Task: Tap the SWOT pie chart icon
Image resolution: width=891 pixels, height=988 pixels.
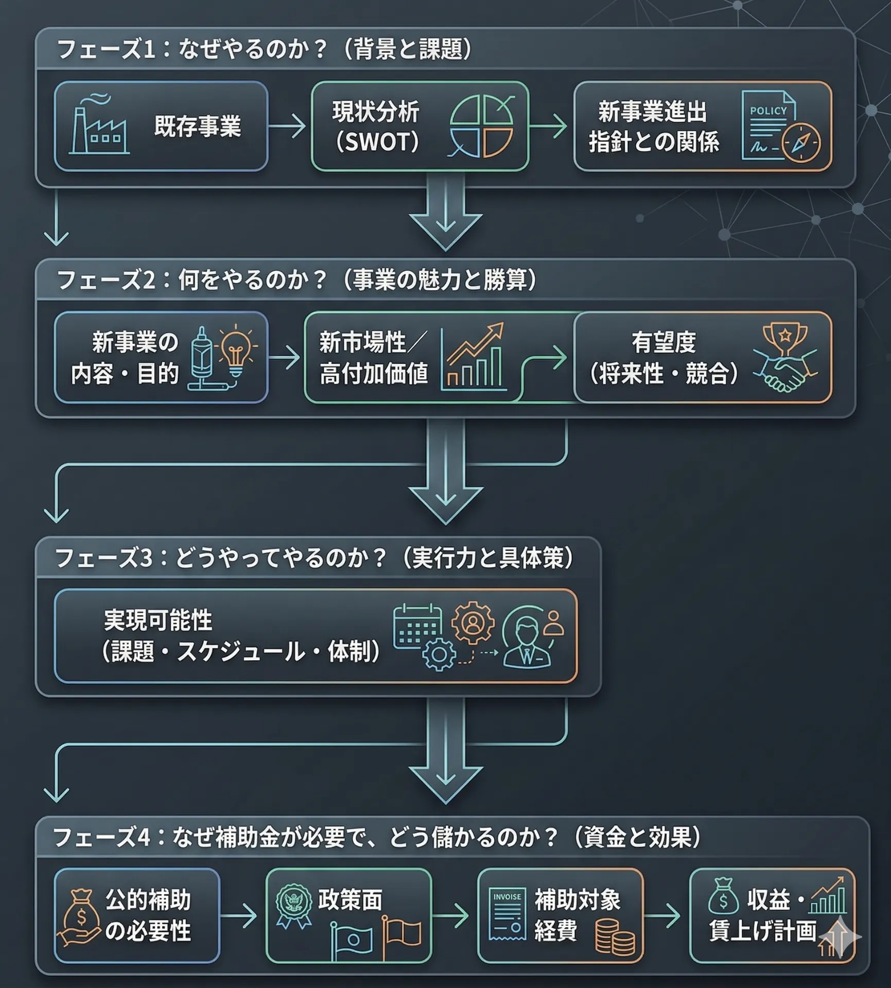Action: click(481, 127)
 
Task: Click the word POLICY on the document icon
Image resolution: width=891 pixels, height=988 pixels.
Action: click(768, 111)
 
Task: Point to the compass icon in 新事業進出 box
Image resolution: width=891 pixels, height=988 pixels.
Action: click(801, 143)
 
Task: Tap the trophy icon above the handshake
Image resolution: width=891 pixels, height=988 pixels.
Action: click(784, 338)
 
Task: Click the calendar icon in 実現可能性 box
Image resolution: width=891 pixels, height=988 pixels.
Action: click(417, 627)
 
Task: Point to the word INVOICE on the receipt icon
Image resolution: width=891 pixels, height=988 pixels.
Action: click(507, 897)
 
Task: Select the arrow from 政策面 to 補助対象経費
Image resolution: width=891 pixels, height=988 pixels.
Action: click(451, 916)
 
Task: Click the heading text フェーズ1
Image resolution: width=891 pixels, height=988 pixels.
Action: click(106, 50)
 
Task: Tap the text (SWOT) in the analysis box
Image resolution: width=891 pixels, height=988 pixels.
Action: click(377, 142)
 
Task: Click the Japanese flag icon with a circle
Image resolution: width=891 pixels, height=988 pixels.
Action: click(352, 941)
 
